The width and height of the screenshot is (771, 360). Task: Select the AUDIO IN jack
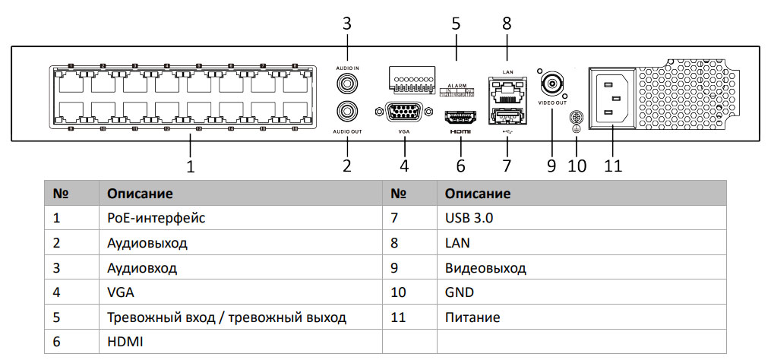pyautogui.click(x=347, y=81)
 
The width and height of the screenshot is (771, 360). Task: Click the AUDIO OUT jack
pyautogui.click(x=347, y=112)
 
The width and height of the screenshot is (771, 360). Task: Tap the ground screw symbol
pyautogui.click(x=577, y=118)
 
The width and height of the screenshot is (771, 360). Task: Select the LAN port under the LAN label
pyautogui.click(x=506, y=92)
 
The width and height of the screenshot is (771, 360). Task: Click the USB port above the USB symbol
pyautogui.click(x=506, y=115)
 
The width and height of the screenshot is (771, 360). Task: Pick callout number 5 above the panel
pyautogui.click(x=456, y=24)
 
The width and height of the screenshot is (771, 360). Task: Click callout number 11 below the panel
pyautogui.click(x=613, y=166)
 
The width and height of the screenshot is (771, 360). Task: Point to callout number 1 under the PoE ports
pyautogui.click(x=190, y=166)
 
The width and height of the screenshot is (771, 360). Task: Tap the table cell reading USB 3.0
pyautogui.click(x=469, y=218)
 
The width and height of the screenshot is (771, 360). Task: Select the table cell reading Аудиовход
pyautogui.click(x=142, y=268)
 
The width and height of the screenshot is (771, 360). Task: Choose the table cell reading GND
pyautogui.click(x=460, y=292)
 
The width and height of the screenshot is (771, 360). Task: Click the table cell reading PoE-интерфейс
pyautogui.click(x=156, y=218)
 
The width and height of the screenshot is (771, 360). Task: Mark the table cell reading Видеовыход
pyautogui.click(x=485, y=268)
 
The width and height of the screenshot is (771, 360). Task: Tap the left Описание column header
pyautogui.click(x=140, y=194)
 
